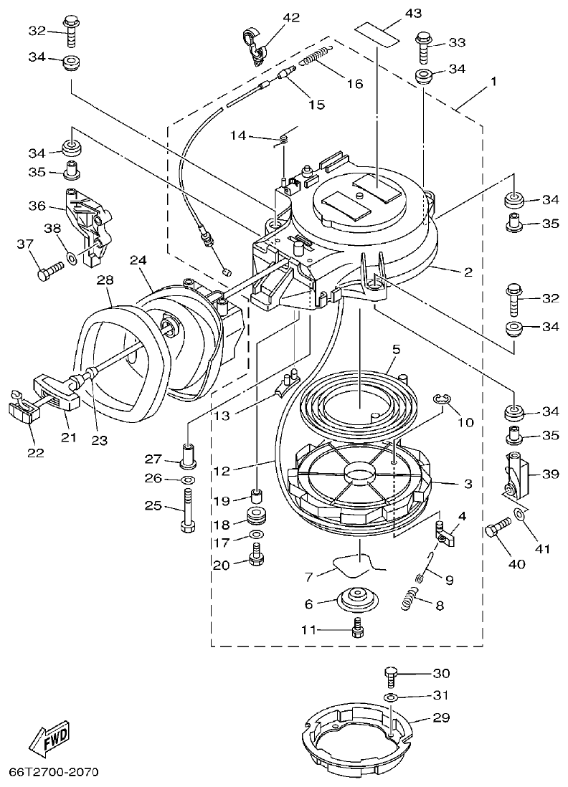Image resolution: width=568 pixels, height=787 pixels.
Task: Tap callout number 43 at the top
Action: click(x=394, y=13)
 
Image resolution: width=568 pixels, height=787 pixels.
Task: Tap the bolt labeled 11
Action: click(x=356, y=630)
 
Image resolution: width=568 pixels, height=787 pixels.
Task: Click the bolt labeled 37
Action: click(x=48, y=272)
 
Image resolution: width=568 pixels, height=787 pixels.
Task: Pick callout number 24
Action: click(x=138, y=261)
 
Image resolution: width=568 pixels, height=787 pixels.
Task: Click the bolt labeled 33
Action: click(x=422, y=44)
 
